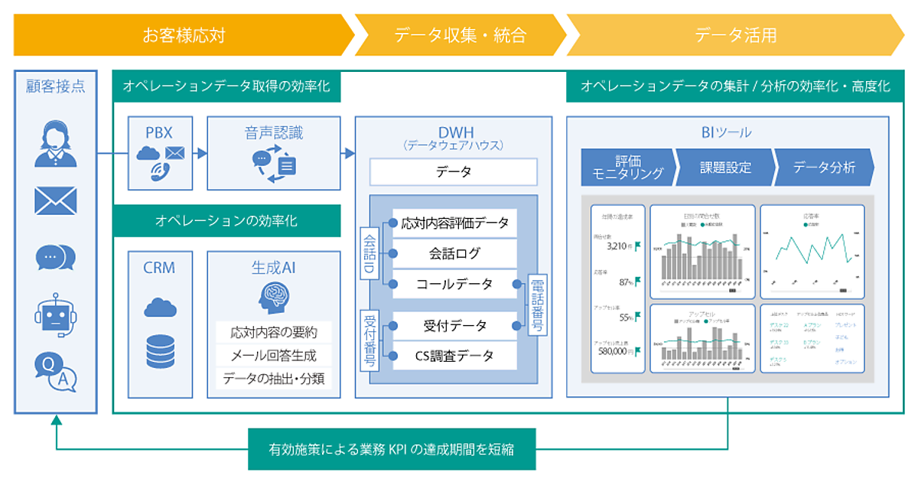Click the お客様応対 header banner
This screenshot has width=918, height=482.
pyautogui.click(x=184, y=34)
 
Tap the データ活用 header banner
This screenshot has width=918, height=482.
pyautogui.click(x=734, y=34)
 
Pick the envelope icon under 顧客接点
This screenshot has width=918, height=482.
pyautogui.click(x=56, y=200)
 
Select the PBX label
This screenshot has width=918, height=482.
pyautogui.click(x=159, y=132)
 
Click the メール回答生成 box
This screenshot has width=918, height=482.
pyautogui.click(x=274, y=356)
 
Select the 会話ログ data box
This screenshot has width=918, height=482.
pyautogui.click(x=454, y=253)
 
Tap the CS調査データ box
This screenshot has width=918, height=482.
pyautogui.click(x=454, y=356)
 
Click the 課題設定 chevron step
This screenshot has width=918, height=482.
pyautogui.click(x=725, y=168)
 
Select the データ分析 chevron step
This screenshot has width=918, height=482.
pyautogui.click(x=824, y=168)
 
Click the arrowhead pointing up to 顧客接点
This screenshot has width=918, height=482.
pyautogui.click(x=56, y=421)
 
